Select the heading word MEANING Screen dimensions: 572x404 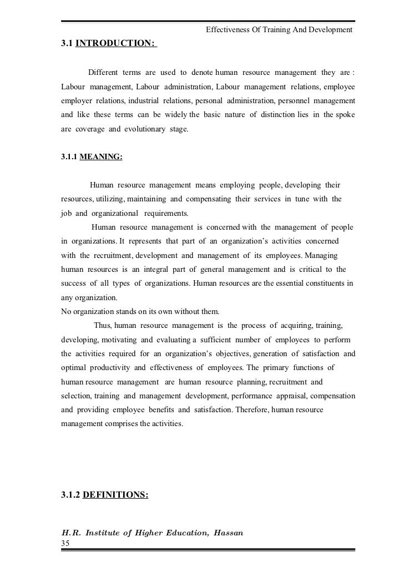[102, 157]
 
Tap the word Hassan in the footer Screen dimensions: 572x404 [227, 533]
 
